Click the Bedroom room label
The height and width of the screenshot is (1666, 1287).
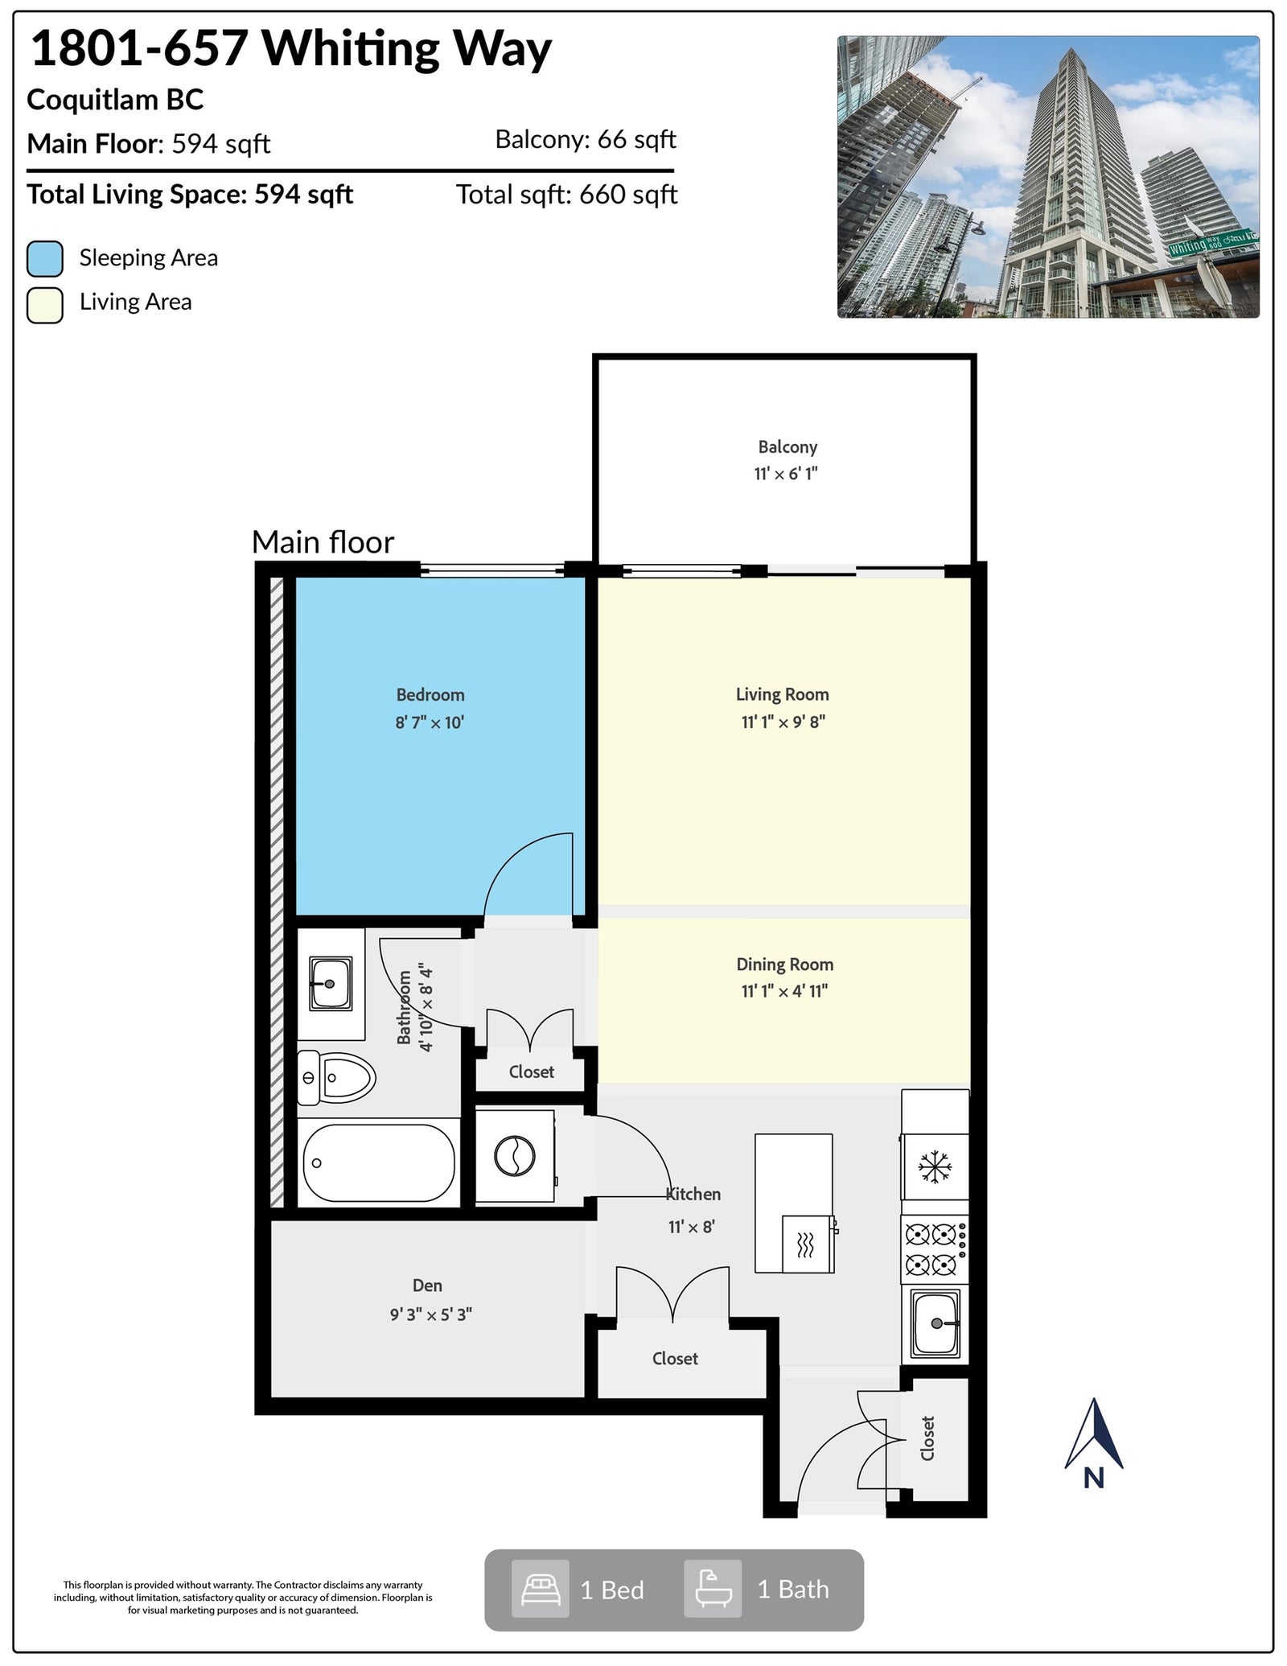430,694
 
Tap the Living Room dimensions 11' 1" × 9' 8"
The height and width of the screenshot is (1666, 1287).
783,722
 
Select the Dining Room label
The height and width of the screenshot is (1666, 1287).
784,964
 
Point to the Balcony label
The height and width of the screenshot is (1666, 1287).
787,446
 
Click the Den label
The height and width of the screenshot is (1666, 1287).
427,1285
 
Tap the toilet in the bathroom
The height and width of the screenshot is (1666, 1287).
336,1077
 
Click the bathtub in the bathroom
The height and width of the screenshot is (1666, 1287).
379,1162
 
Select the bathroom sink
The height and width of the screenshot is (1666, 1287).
331,983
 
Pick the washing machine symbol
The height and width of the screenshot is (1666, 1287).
515,1157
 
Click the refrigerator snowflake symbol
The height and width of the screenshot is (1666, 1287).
935,1166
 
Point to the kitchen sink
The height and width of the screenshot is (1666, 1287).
935,1323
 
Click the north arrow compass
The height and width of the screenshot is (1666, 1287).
1094,1444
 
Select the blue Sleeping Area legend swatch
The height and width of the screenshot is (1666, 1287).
45,258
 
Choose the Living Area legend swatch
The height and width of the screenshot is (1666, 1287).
45,305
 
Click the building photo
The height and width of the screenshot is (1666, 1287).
1048,177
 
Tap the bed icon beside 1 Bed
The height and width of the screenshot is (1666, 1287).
541,1589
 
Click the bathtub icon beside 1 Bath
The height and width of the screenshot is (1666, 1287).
713,1589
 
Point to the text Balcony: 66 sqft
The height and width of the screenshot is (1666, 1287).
586,140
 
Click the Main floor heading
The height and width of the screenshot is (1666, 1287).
323,542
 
